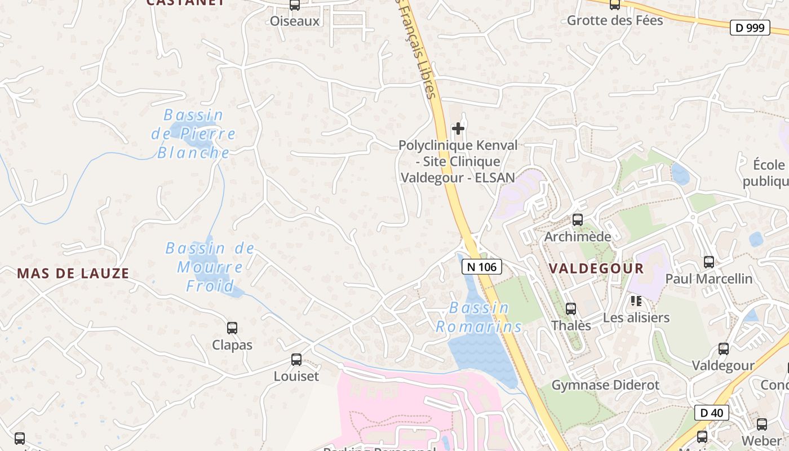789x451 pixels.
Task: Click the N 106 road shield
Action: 481,267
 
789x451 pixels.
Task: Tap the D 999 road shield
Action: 750,27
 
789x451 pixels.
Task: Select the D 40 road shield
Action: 712,413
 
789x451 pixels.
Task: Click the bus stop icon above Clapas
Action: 232,328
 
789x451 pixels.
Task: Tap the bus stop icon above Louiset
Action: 296,359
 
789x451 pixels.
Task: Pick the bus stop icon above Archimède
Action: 577,219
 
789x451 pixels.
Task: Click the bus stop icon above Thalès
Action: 571,308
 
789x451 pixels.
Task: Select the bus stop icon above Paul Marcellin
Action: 708,262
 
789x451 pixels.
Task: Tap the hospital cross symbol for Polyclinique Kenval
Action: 458,129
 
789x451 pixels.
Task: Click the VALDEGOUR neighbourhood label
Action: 596,268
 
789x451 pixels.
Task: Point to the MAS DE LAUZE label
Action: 73,273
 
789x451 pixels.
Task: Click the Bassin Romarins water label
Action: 480,317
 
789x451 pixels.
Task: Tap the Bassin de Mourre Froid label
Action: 210,267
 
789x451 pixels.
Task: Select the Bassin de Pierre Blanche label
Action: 193,134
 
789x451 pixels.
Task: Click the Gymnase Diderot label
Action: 605,385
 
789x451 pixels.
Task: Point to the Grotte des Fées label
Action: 615,20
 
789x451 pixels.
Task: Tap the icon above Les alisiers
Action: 636,301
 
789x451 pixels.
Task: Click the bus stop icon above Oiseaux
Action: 294,5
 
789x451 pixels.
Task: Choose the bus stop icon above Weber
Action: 761,425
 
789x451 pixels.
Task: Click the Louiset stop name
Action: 296,376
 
